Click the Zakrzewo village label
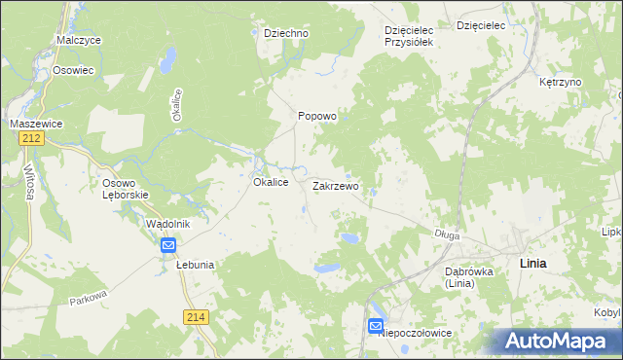[336, 185]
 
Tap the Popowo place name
[316, 116]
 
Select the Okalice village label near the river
[270, 182]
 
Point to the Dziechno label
[286, 33]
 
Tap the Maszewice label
[36, 124]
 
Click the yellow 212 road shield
[28, 140]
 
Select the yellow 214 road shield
[195, 317]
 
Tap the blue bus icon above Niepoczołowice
[376, 327]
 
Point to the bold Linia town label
[533, 264]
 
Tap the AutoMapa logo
[558, 341]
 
